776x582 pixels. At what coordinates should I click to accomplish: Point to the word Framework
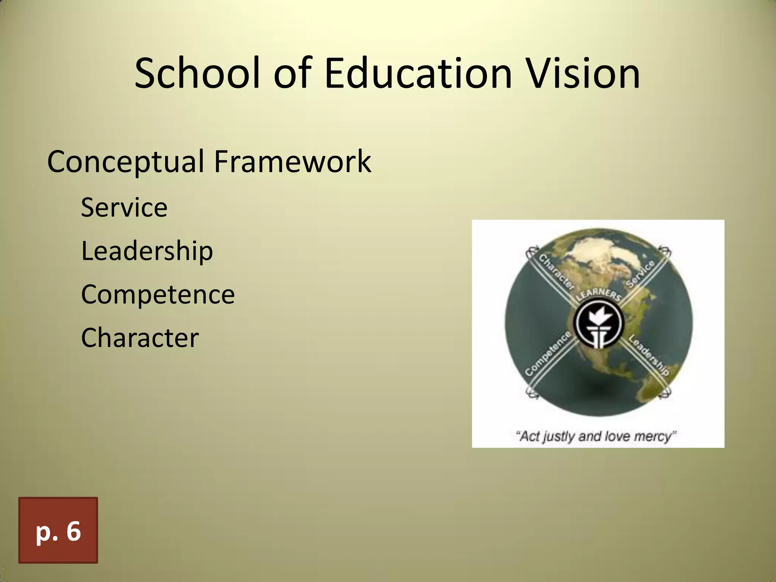[292, 161]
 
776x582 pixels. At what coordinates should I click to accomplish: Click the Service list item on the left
[124, 208]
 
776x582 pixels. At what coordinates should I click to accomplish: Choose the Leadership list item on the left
[147, 251]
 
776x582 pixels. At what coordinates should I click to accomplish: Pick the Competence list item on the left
[158, 294]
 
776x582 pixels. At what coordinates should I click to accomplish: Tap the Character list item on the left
[139, 338]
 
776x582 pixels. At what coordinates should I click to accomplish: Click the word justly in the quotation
[559, 437]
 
